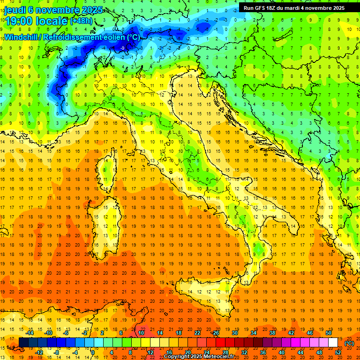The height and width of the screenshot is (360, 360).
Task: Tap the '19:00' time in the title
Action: click(19, 22)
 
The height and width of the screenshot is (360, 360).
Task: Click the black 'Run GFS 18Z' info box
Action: click(294, 7)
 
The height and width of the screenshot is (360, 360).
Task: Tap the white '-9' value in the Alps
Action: click(122, 48)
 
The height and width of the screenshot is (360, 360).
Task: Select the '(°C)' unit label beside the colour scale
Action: click(349, 343)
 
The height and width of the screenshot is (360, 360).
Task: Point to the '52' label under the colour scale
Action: click(337, 352)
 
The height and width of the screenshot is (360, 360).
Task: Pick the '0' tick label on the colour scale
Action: click(93, 352)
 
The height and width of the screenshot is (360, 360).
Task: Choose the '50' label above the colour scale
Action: click(328, 333)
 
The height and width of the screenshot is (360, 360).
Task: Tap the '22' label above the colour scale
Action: click(197, 333)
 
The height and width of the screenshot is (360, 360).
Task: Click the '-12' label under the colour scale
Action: click(39, 352)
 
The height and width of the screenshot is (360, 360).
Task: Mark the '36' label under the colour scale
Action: click(263, 352)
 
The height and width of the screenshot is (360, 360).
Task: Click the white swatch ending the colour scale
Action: click(333, 343)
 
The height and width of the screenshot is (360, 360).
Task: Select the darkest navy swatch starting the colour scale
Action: click(23, 343)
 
